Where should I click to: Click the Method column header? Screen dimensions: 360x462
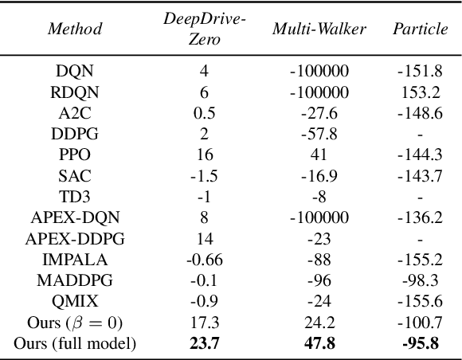(x=75, y=29)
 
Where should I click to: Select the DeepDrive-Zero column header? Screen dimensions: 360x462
(x=204, y=29)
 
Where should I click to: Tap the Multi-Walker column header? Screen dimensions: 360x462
(x=319, y=29)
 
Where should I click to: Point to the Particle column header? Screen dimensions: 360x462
(x=419, y=29)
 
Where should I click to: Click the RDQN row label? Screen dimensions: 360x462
(x=75, y=91)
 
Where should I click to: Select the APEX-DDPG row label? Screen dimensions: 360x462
(x=75, y=238)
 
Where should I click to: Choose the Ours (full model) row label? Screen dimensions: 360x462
(x=75, y=343)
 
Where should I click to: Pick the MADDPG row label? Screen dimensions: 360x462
(x=75, y=280)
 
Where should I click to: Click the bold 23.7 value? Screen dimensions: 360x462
(x=204, y=343)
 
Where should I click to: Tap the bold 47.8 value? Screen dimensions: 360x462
(x=319, y=343)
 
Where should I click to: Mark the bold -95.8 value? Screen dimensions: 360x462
(x=419, y=343)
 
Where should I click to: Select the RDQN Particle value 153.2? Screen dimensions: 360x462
(x=419, y=91)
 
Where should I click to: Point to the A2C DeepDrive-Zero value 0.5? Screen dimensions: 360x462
(x=204, y=112)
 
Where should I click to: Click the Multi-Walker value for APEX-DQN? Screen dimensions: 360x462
(x=319, y=217)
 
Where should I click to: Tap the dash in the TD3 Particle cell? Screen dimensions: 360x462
(x=419, y=197)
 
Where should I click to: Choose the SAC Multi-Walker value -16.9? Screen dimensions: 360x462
(x=319, y=175)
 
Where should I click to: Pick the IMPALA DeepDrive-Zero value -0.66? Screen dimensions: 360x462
(x=204, y=260)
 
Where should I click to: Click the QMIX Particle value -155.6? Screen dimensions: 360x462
(x=419, y=301)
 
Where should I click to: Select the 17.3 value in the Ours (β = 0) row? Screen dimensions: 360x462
(x=204, y=323)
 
